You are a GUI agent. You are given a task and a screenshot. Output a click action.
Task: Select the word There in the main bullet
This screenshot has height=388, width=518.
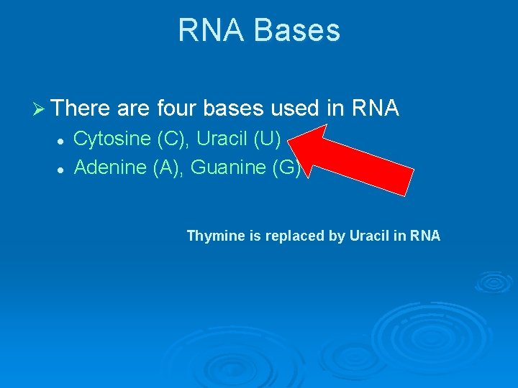tap(81, 108)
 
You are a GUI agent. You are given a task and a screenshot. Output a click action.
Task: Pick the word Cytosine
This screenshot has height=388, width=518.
tap(112, 139)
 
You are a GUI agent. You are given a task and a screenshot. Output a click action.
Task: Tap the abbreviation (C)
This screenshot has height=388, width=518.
tap(171, 139)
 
